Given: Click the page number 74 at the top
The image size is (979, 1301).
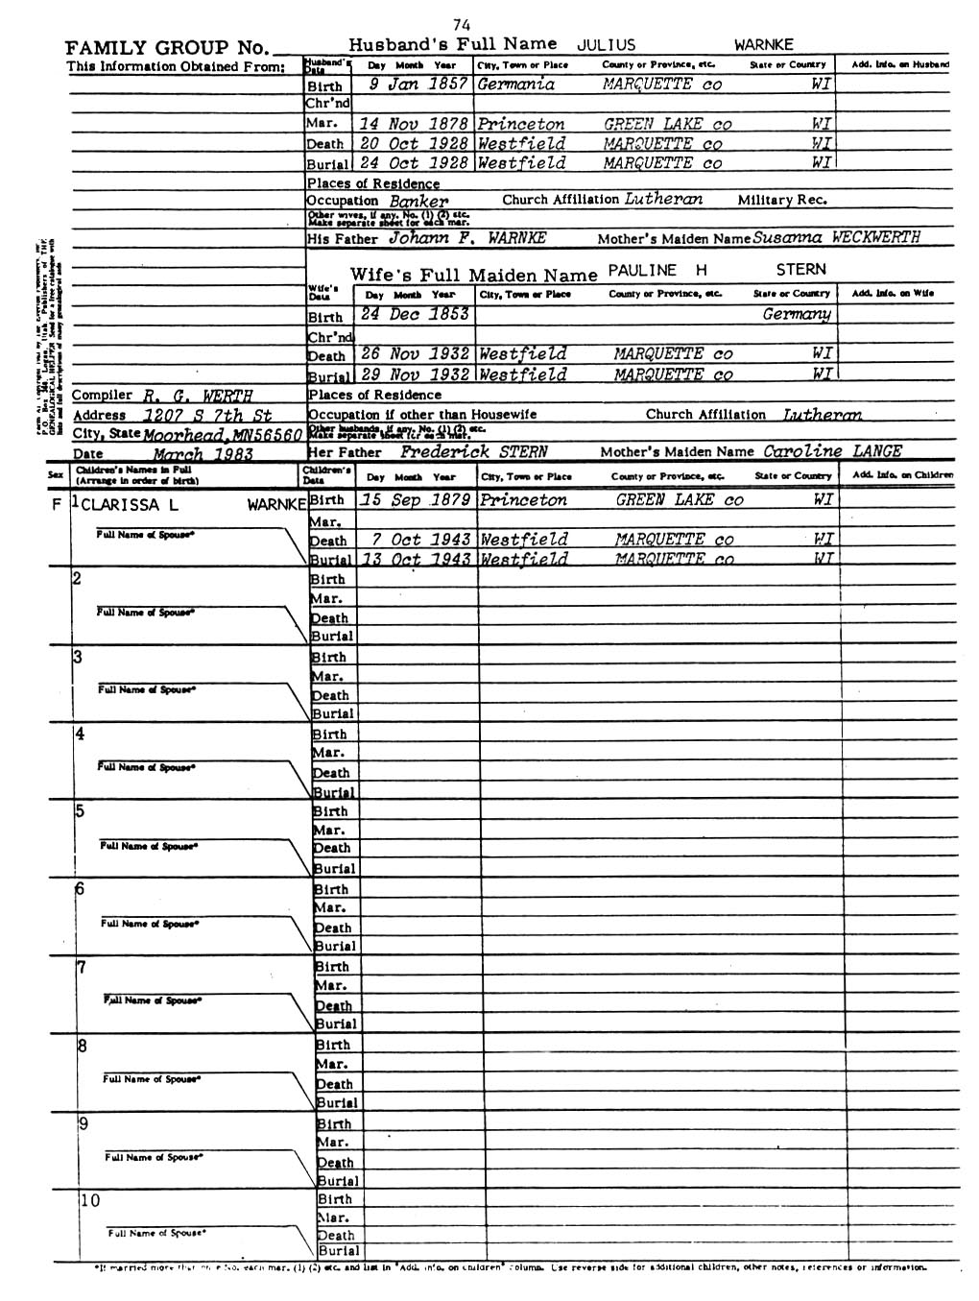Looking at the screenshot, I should point(461,25).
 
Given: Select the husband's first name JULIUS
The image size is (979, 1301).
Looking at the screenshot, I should point(606,44).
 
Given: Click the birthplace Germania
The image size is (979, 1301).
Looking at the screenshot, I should point(515,84).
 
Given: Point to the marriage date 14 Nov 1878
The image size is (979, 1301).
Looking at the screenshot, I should point(414,124).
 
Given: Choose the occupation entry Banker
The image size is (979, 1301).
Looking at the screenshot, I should point(418,202).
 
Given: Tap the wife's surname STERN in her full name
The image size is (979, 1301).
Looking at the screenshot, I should point(800,270).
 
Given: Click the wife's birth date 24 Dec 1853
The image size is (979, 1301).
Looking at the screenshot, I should point(415,315).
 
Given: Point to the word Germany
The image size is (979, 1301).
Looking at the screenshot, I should point(797,315).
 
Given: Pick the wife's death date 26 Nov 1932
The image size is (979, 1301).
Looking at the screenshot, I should point(416,354).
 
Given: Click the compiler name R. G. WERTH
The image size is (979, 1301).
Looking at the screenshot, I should point(198,396).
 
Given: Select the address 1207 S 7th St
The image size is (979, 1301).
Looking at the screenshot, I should point(207,416).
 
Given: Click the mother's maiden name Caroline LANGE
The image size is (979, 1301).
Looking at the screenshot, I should point(832,451).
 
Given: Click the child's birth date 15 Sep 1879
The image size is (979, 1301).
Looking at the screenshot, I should point(416,500).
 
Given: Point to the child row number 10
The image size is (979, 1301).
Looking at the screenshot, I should point(88,1200).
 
